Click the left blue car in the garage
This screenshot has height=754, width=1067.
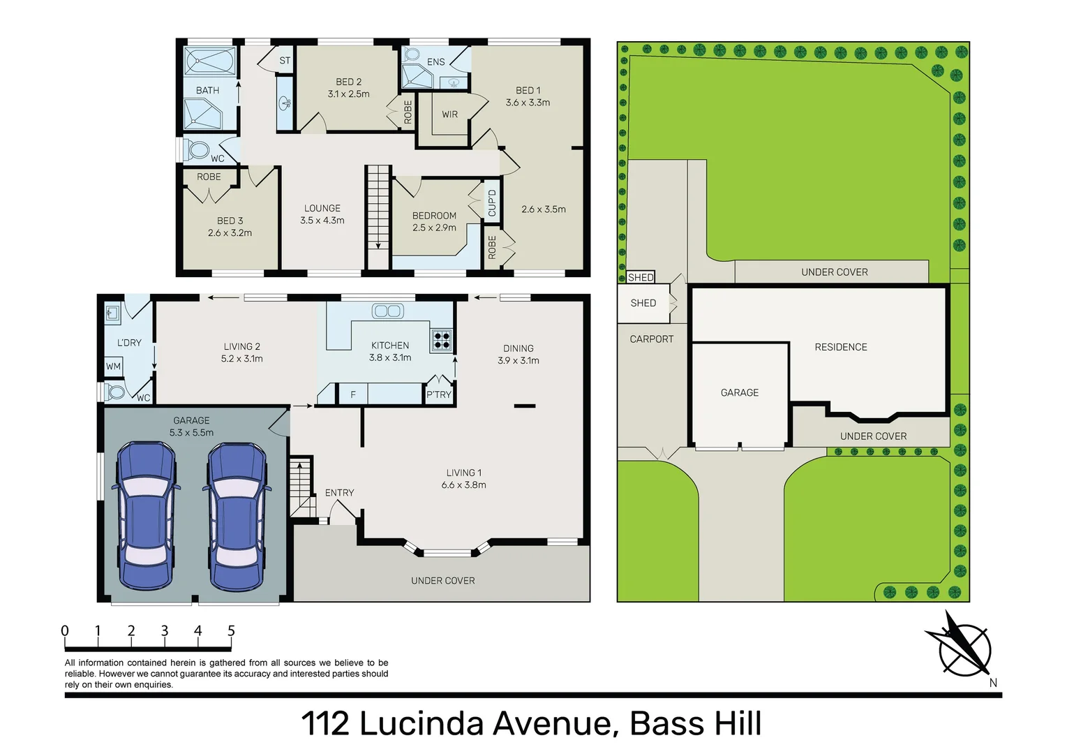tap(145, 515)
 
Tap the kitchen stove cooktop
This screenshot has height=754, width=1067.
tap(442, 340)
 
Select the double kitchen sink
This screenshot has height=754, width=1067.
tap(387, 311)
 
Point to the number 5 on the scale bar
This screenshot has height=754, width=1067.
tap(231, 631)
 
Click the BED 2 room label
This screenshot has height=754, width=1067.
tap(348, 82)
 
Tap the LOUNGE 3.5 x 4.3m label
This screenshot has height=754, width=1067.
tap(322, 214)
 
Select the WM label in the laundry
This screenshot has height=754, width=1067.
tap(113, 367)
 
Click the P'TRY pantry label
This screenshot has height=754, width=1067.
tap(439, 394)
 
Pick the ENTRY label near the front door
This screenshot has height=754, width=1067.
tap(339, 493)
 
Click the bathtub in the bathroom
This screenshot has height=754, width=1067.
tap(209, 61)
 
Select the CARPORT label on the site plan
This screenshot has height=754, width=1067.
tap(651, 339)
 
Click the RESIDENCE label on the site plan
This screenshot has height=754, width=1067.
tap(841, 347)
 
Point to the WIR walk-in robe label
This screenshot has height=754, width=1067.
tap(450, 114)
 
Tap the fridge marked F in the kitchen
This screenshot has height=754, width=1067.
tap(353, 394)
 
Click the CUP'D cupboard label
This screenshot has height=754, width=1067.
tap(492, 202)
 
